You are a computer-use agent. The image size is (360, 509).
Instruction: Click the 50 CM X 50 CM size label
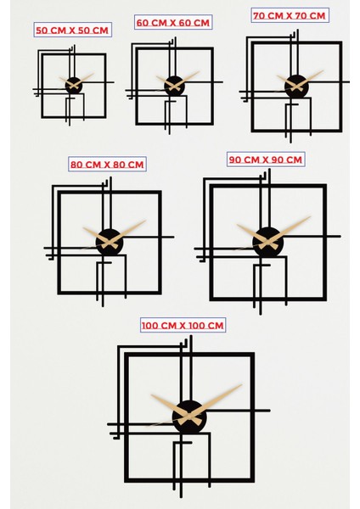[x=72, y=30]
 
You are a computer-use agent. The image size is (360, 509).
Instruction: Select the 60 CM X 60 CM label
[x=173, y=23]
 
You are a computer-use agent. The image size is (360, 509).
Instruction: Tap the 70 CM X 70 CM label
[x=289, y=15]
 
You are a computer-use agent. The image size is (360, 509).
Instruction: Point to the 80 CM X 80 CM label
[x=107, y=164]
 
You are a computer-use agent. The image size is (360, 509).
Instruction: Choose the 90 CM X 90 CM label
[x=266, y=159]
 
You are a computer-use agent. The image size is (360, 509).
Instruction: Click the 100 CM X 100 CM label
[x=183, y=326]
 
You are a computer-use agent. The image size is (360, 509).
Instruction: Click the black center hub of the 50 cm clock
[x=74, y=85]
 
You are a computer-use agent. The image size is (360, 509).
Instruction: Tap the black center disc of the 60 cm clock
[x=174, y=85]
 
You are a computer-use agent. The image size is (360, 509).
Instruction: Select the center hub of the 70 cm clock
[x=296, y=85]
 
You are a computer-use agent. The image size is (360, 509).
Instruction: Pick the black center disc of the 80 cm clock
[x=110, y=242]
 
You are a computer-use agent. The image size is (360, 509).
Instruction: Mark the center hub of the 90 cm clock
[x=267, y=240]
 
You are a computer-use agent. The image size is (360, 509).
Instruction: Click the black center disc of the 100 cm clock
[x=188, y=416]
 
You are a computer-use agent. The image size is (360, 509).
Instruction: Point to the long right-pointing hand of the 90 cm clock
[x=294, y=226]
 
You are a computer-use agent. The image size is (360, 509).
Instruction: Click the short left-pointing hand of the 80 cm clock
[x=92, y=233]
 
